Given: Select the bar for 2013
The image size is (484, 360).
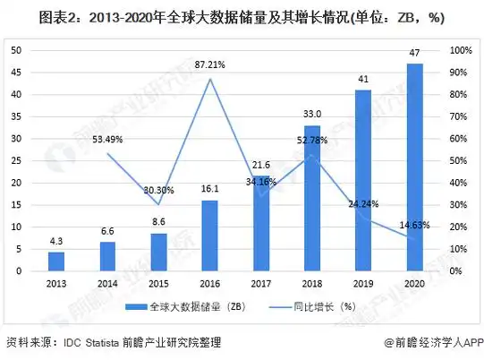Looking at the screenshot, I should pyautogui.click(x=55, y=261).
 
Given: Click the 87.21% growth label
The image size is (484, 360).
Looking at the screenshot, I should pyautogui.click(x=209, y=65).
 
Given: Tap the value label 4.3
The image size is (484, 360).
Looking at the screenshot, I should pyautogui.click(x=55, y=241).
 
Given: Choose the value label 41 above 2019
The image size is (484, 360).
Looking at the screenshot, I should pyautogui.click(x=363, y=79).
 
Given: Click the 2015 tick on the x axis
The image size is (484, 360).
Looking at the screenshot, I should pyautogui.click(x=158, y=282).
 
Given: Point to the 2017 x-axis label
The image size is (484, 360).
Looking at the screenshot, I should pyautogui.click(x=260, y=282).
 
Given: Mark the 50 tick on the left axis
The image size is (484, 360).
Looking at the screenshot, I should pyautogui.click(x=16, y=50).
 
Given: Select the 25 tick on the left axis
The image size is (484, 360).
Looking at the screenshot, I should pyautogui.click(x=16, y=160).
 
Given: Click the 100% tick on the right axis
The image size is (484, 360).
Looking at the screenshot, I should pyautogui.click(x=457, y=50).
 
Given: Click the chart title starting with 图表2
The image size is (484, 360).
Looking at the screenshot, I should pyautogui.click(x=242, y=17).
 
